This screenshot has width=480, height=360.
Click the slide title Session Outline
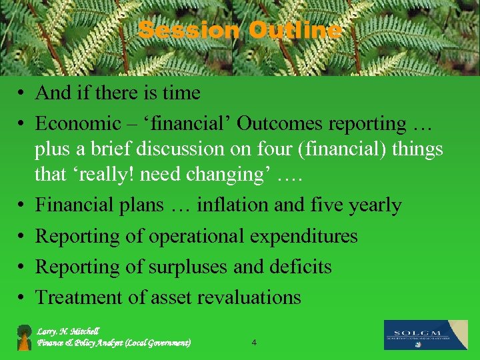[240, 30]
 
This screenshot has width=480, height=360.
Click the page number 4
[254, 343]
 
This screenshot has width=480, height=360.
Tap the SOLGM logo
[425, 335]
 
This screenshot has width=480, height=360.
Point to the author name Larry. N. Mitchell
[68, 331]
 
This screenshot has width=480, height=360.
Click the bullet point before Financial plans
[23, 206]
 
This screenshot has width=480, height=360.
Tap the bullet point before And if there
[23, 93]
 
